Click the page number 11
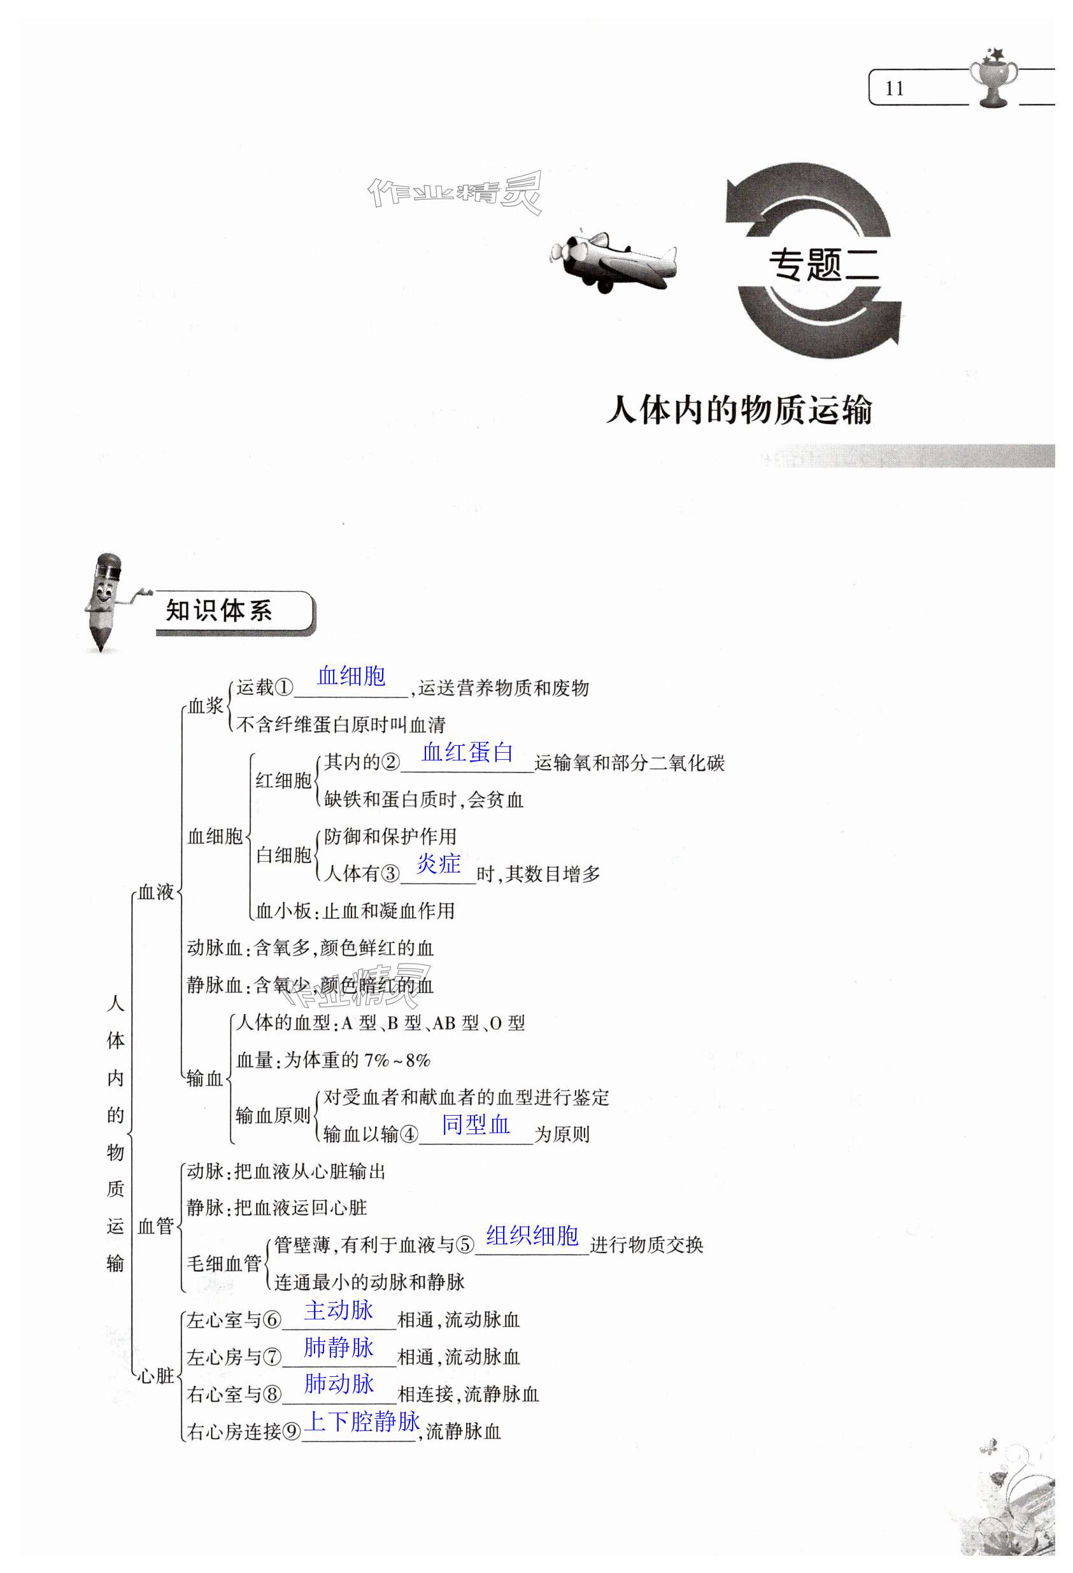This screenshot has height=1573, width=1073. click(x=894, y=89)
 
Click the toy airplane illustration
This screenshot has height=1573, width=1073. click(x=613, y=262)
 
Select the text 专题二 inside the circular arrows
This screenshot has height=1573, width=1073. click(x=823, y=265)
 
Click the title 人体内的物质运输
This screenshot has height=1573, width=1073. click(x=739, y=410)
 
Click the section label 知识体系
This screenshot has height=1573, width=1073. click(x=219, y=611)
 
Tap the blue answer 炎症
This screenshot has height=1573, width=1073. click(x=438, y=864)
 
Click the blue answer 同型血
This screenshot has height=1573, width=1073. click(x=475, y=1124)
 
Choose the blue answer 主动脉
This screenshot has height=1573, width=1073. click(x=339, y=1311)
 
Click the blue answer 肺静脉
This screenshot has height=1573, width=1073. click(x=339, y=1347)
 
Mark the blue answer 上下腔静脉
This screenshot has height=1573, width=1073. click(x=362, y=1421)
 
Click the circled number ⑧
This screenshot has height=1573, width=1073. click(x=271, y=1393)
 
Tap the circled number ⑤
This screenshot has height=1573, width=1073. click(x=465, y=1245)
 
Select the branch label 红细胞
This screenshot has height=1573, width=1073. click(x=283, y=780)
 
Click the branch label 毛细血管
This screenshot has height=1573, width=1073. click(x=224, y=1263)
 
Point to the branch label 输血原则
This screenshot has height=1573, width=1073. click(x=273, y=1116)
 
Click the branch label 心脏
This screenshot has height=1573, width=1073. click(x=157, y=1376)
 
